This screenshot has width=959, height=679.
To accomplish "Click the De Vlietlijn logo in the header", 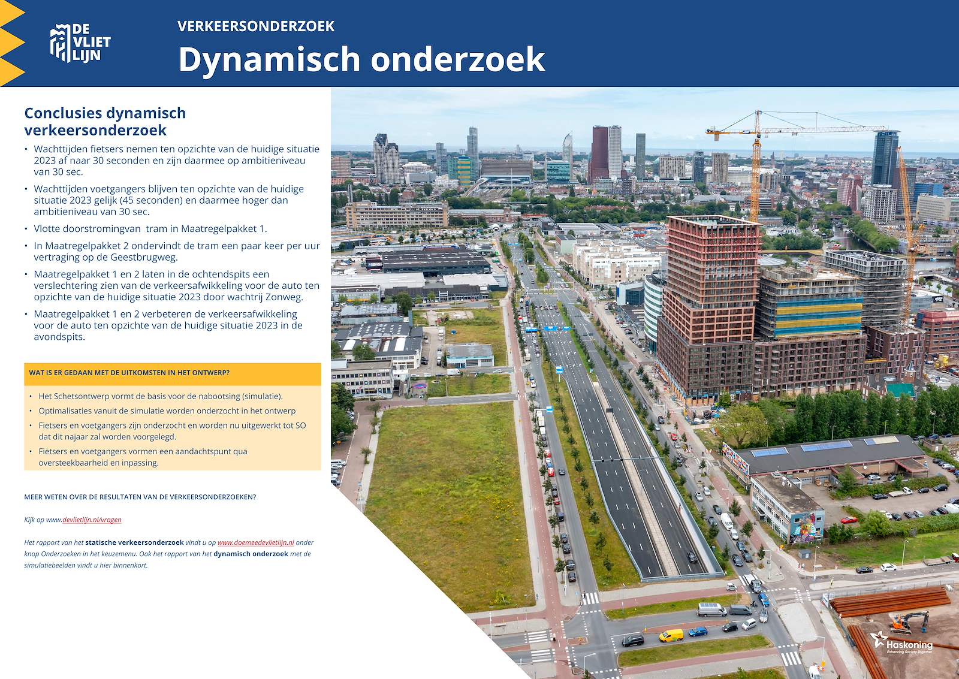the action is click(x=80, y=43).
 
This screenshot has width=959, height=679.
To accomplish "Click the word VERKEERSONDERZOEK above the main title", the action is click(x=255, y=26).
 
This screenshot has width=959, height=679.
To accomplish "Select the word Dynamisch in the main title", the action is click(x=269, y=59).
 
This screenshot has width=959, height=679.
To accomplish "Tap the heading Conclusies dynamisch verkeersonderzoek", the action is click(x=105, y=122).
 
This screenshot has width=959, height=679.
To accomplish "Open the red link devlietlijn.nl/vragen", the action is click(x=92, y=520).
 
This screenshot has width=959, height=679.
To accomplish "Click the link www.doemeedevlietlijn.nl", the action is click(x=255, y=542).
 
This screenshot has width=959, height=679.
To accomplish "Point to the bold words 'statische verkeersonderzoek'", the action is click(x=134, y=542).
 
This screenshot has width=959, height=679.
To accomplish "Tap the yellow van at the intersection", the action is click(x=671, y=635).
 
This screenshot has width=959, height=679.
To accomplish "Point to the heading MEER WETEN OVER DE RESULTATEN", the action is click(x=140, y=497).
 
